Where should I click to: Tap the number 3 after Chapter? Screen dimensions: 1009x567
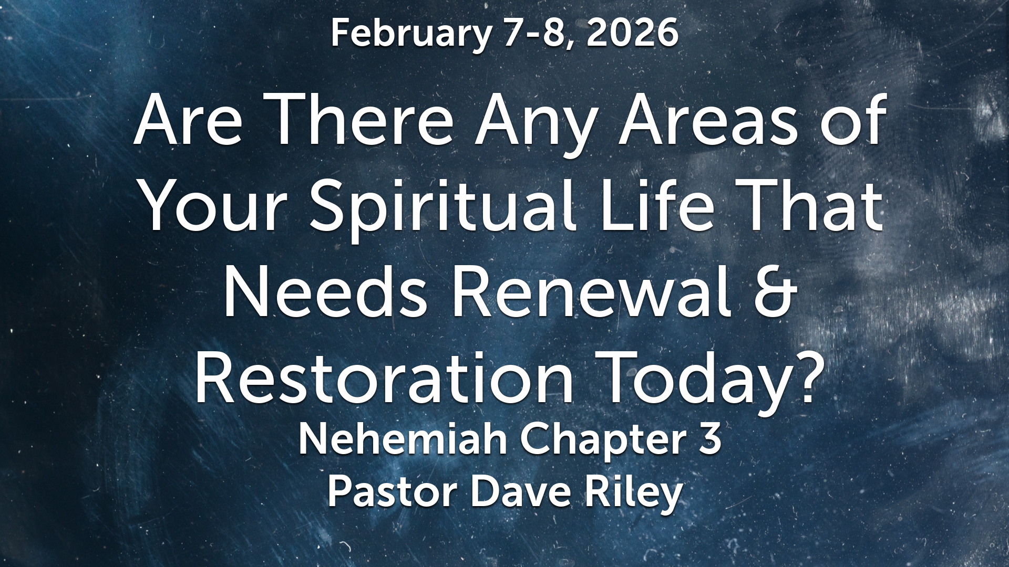click(710, 440)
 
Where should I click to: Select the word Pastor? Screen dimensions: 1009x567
click(392, 492)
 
